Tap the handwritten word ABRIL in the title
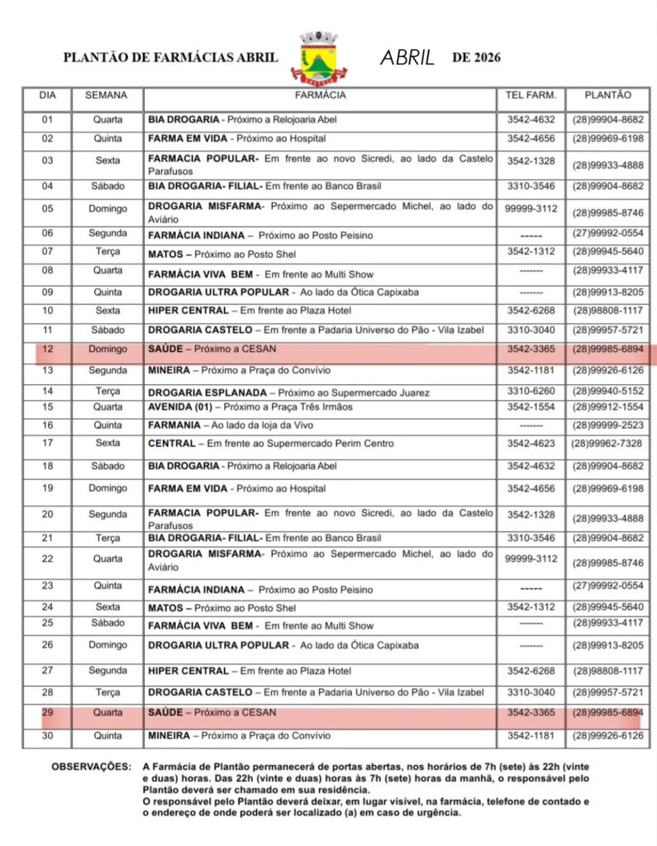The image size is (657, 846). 407,58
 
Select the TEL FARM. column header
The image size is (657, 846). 531,96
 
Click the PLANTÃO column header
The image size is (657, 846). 607,96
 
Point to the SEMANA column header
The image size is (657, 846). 107,96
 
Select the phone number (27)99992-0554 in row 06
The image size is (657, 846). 607,234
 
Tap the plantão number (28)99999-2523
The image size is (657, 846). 607,425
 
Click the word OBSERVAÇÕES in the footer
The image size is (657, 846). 91,767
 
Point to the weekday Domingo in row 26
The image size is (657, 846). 107,644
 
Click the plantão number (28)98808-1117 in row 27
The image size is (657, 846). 607,671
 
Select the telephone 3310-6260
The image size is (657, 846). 531,391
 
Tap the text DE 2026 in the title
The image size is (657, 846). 476,58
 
